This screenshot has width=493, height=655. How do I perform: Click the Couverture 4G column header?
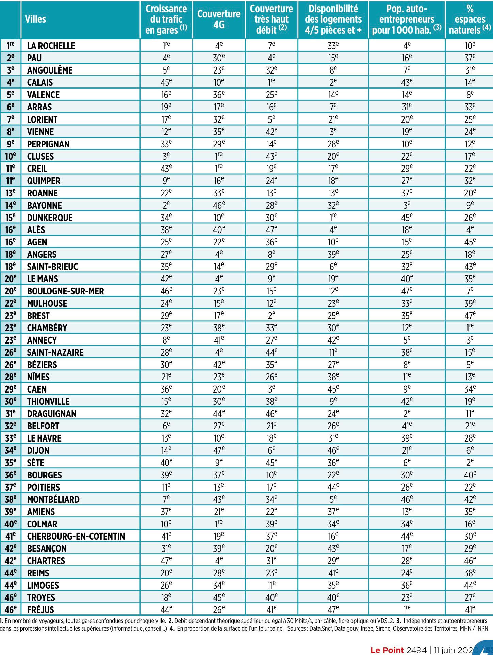[x=219, y=19]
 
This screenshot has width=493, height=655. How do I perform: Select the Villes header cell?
[x=35, y=19]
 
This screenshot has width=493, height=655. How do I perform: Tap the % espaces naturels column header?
[x=470, y=19]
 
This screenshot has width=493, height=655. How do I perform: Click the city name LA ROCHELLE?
[x=51, y=46]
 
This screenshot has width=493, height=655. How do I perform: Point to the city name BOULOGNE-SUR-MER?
[x=65, y=291]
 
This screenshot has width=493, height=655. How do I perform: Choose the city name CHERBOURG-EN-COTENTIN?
[x=76, y=536]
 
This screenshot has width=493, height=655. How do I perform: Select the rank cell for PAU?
[x=11, y=58]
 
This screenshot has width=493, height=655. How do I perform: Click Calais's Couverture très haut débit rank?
[x=271, y=82]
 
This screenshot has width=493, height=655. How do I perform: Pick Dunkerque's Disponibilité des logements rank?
[x=333, y=217]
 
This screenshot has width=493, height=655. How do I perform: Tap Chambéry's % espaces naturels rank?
[x=470, y=327]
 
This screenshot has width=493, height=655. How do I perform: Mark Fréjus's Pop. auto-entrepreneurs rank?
[x=407, y=609]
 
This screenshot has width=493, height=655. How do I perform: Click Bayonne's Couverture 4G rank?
[x=219, y=205]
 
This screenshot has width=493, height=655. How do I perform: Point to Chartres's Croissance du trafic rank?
[x=166, y=560]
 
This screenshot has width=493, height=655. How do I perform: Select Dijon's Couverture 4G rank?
[x=219, y=450]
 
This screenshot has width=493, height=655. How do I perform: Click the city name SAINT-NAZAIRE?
[x=55, y=352]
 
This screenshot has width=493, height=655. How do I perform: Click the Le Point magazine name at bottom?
[x=387, y=650]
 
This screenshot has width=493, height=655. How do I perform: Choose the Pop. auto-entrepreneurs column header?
[x=407, y=19]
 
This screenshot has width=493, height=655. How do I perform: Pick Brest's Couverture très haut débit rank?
[x=271, y=315]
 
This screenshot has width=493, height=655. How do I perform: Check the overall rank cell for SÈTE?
[x=11, y=463]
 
